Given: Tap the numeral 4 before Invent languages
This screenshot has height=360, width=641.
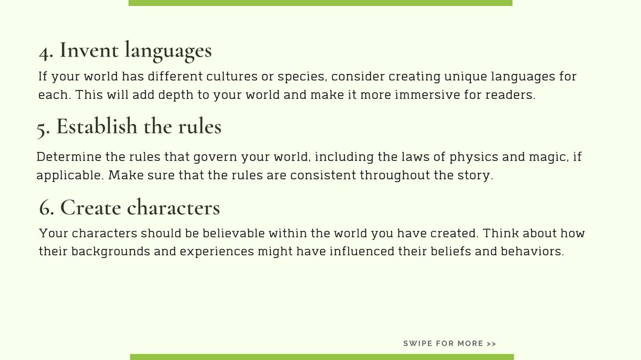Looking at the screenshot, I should (44, 52).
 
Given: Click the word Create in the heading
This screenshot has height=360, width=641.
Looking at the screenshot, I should (90, 207).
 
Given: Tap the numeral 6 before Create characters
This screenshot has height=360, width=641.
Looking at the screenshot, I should (45, 208).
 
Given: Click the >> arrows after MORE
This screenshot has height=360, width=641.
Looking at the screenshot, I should (491, 343).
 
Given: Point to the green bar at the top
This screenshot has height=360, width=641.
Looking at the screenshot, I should (320, 3).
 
